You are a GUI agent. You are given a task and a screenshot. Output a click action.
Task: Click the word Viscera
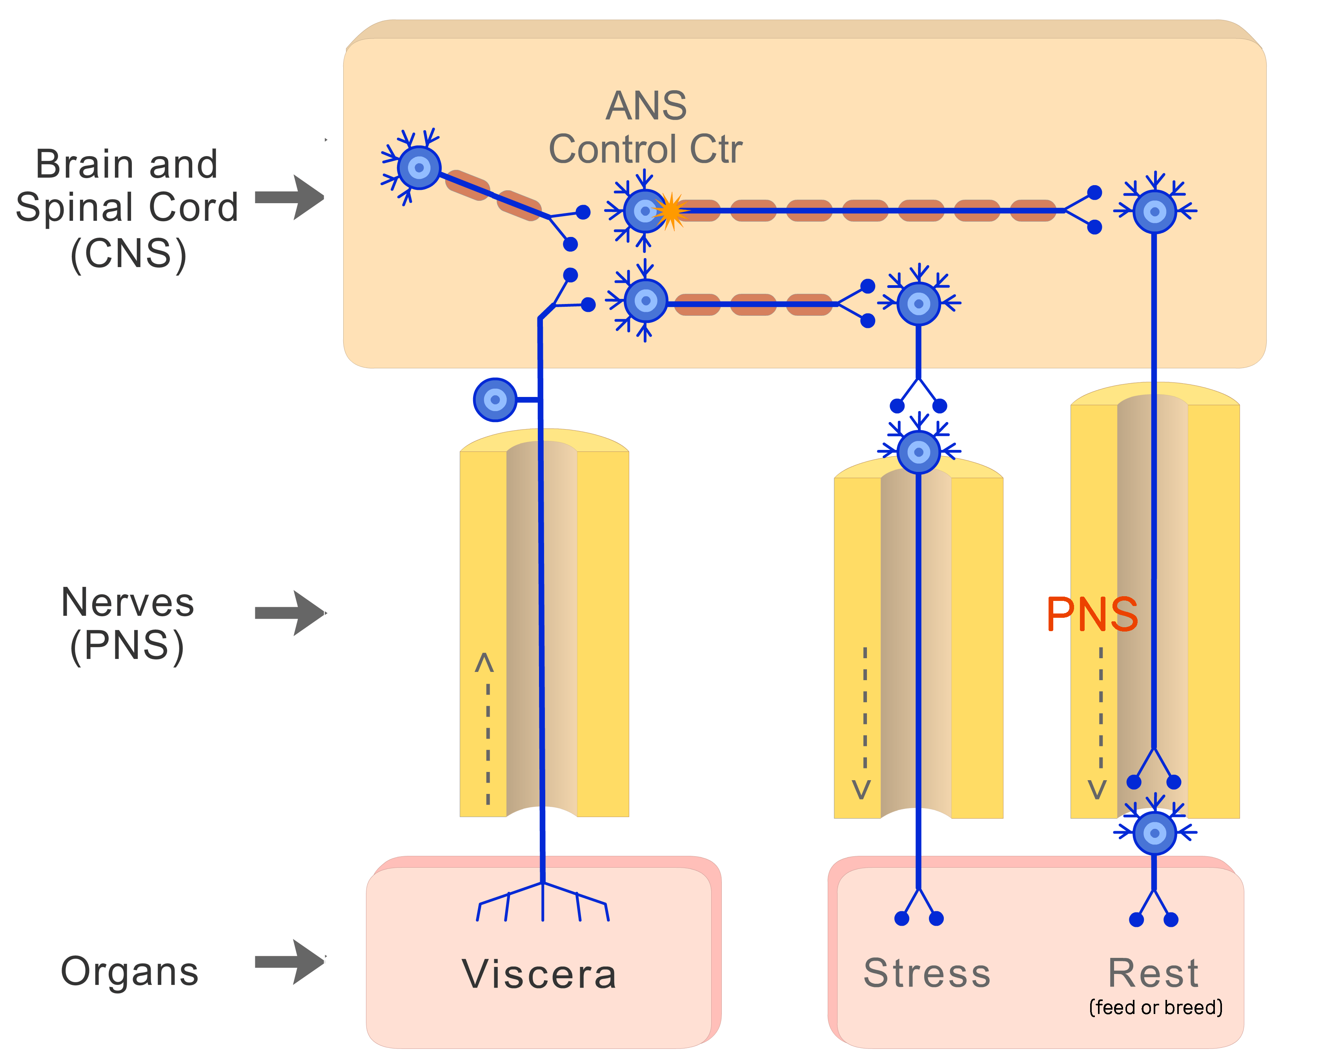coord(539,974)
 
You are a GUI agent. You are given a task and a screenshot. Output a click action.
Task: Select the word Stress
coord(927,973)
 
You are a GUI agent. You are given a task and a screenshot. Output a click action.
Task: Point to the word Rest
coord(1153,973)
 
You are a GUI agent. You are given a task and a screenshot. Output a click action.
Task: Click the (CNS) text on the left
coord(128,254)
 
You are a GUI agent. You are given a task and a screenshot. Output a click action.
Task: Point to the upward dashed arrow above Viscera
coord(487,728)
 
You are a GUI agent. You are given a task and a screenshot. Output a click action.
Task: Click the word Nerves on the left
coord(128,602)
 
